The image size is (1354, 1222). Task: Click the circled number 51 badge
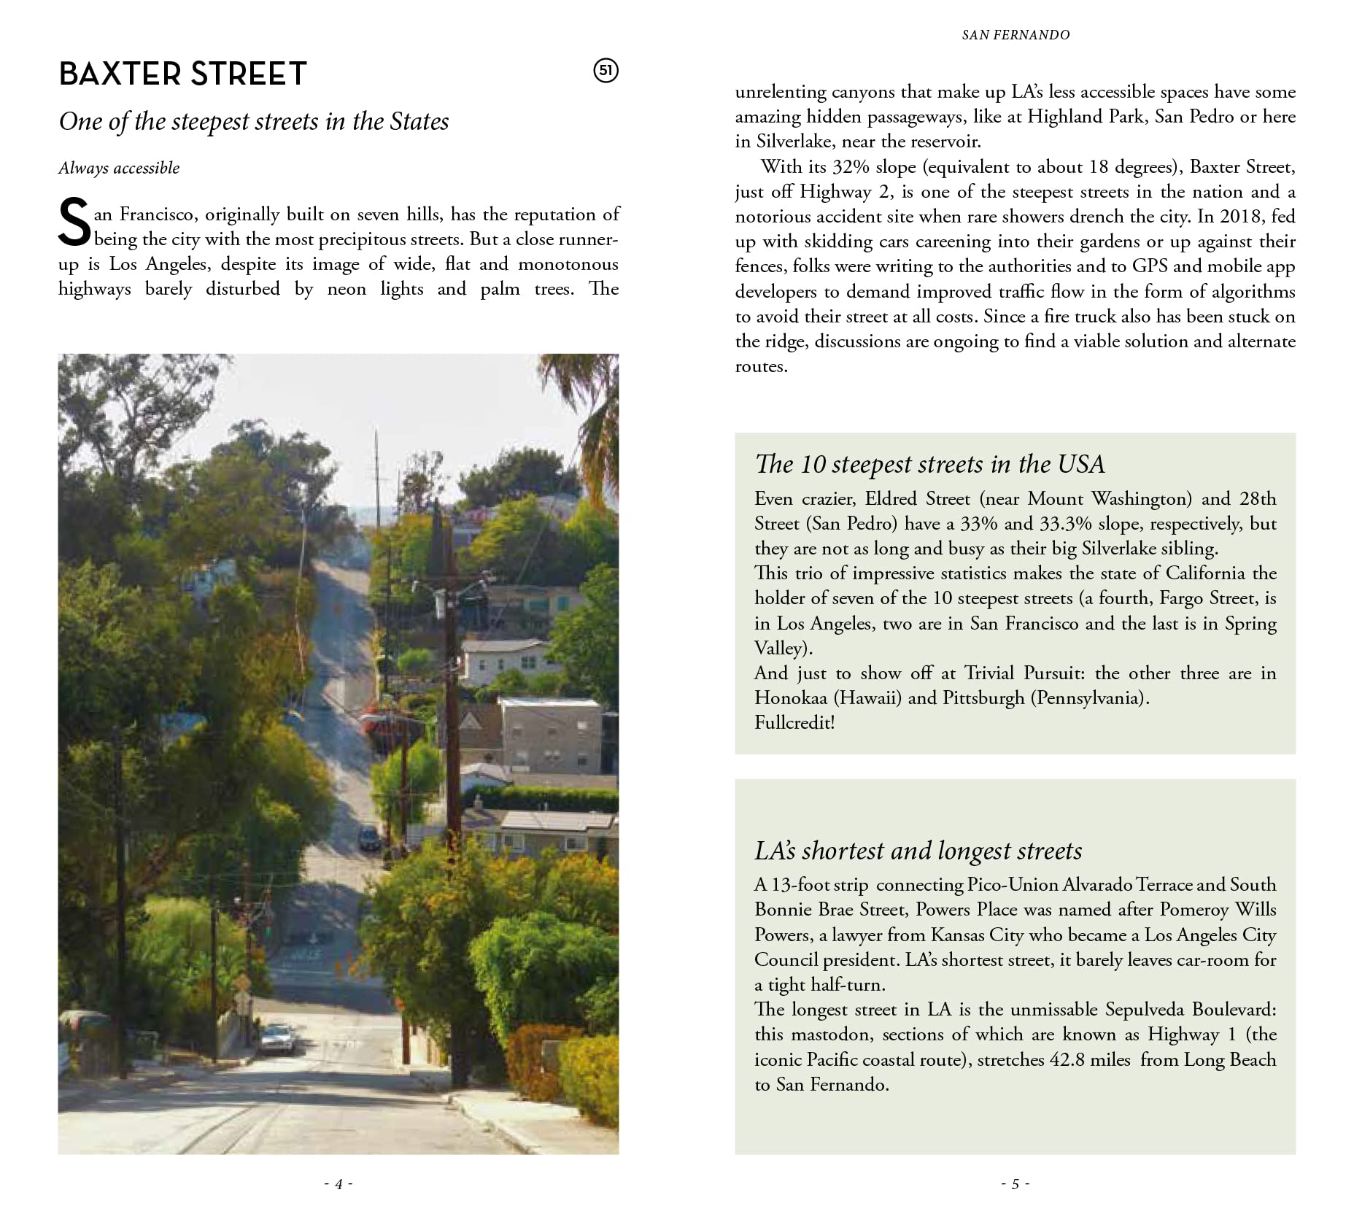click(606, 71)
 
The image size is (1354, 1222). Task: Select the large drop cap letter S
click(74, 224)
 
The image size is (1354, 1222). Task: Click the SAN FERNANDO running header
click(1015, 35)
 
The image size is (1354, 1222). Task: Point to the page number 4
click(338, 1183)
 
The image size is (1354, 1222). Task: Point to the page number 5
click(1015, 1183)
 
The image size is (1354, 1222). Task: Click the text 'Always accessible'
click(119, 168)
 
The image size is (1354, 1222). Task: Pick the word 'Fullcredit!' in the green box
click(794, 722)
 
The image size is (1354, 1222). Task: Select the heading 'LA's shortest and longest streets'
click(918, 851)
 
